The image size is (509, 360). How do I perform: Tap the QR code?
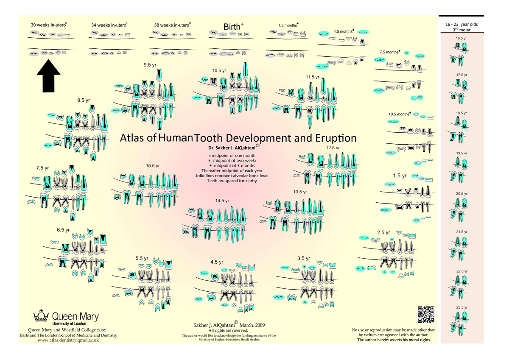point(427,314)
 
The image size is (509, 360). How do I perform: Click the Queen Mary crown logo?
point(41,316)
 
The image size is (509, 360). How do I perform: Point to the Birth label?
point(232,28)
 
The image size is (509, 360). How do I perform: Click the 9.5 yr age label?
point(150,65)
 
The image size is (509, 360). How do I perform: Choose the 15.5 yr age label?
point(153,165)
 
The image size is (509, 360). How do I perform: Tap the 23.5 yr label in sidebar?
point(461,307)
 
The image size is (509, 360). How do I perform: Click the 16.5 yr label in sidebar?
point(461,39)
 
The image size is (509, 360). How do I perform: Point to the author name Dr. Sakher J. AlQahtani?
point(231,148)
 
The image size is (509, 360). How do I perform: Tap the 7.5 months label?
point(389,52)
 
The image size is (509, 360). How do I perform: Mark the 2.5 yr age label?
point(383,232)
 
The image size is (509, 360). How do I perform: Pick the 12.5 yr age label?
point(333,148)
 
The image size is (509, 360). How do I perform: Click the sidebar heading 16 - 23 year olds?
point(462,25)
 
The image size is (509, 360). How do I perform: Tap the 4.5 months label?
point(343,31)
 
